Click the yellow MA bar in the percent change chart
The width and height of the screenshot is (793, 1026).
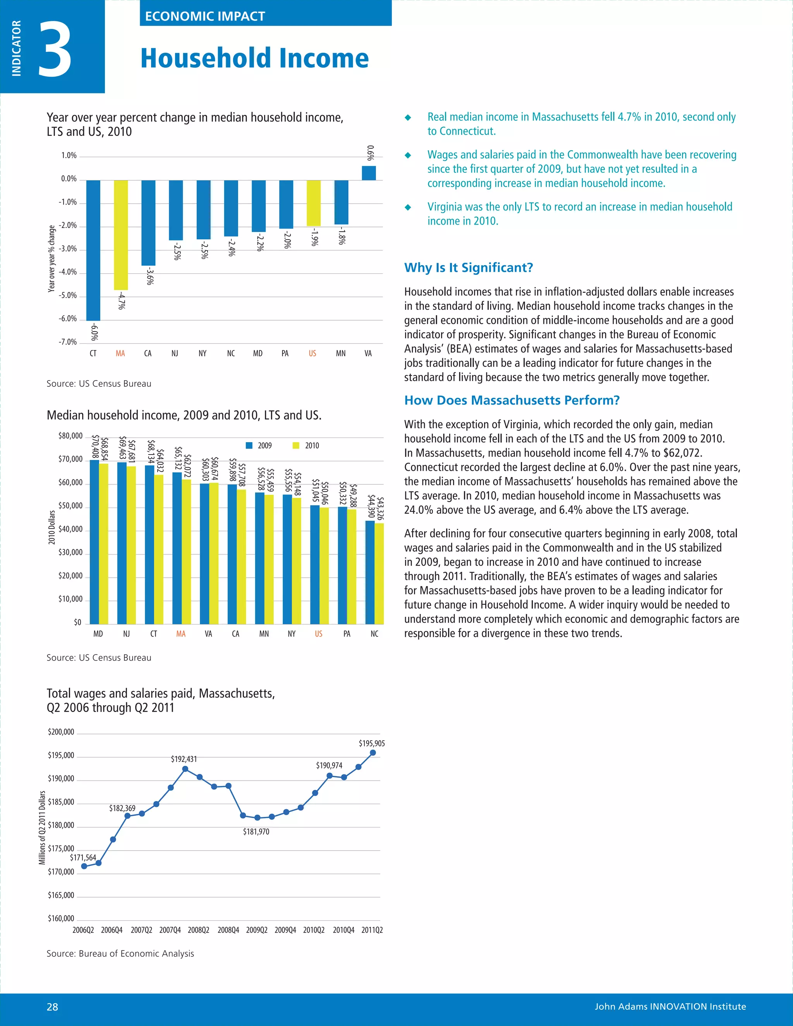pyautogui.click(x=121, y=235)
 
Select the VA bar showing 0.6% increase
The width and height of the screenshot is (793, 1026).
pyautogui.click(x=369, y=173)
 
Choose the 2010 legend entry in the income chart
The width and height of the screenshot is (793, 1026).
pyautogui.click(x=306, y=445)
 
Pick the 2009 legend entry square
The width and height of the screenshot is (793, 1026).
pyautogui.click(x=249, y=445)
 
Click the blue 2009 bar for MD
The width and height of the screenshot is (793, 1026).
pyautogui.click(x=94, y=542)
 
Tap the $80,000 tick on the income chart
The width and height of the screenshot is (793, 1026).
pyautogui.click(x=70, y=436)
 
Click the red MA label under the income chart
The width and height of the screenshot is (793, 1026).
pyautogui.click(x=181, y=634)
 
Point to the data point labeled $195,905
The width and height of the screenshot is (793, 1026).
pyautogui.click(x=373, y=753)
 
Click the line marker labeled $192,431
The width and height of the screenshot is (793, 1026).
pyautogui.click(x=185, y=769)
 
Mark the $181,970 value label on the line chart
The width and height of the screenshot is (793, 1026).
pyautogui.click(x=256, y=832)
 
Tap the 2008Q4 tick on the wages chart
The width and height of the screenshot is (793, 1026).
pyautogui.click(x=228, y=930)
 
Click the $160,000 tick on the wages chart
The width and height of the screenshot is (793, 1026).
pyautogui.click(x=61, y=918)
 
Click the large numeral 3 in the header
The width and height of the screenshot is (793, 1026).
pyautogui.click(x=55, y=49)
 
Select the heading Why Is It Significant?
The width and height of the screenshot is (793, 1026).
pyautogui.click(x=469, y=268)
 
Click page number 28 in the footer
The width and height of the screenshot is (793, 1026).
pyautogui.click(x=53, y=1007)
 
